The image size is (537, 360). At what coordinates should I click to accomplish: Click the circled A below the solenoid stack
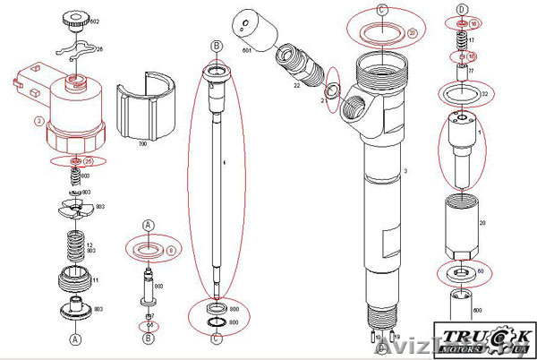coord(75,339)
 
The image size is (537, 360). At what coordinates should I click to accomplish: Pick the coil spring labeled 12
coord(75,245)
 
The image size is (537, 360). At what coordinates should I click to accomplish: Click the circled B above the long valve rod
coord(216,45)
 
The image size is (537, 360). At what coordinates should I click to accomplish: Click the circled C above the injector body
coord(382,10)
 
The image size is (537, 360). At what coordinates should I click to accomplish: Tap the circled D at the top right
coord(462,9)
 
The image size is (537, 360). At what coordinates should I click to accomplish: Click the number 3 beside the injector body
coord(405,170)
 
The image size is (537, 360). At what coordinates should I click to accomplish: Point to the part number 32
coord(483,93)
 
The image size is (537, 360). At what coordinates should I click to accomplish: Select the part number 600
coord(475,310)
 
